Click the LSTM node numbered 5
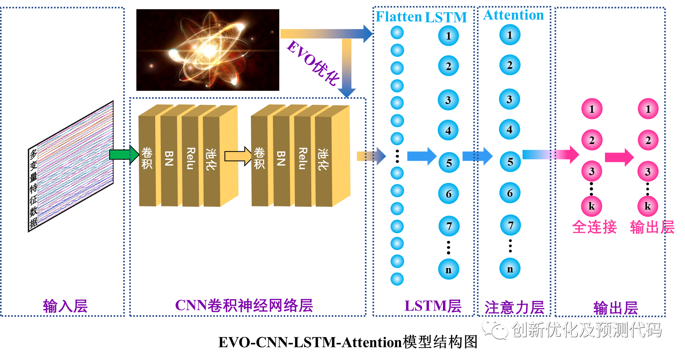point(449,162)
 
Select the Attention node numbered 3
point(509,99)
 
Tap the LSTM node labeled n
point(449,269)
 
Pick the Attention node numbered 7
point(510,225)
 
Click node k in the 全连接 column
point(591,206)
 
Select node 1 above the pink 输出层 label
point(648,109)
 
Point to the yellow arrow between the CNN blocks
point(238,156)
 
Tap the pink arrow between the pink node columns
point(619,157)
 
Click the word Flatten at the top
point(399,17)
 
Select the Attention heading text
point(513,15)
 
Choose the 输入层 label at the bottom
point(65,306)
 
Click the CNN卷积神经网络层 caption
point(244,306)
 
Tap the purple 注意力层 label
point(514,308)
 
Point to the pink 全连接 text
point(594,227)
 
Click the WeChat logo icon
point(495,329)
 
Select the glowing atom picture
point(208,50)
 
